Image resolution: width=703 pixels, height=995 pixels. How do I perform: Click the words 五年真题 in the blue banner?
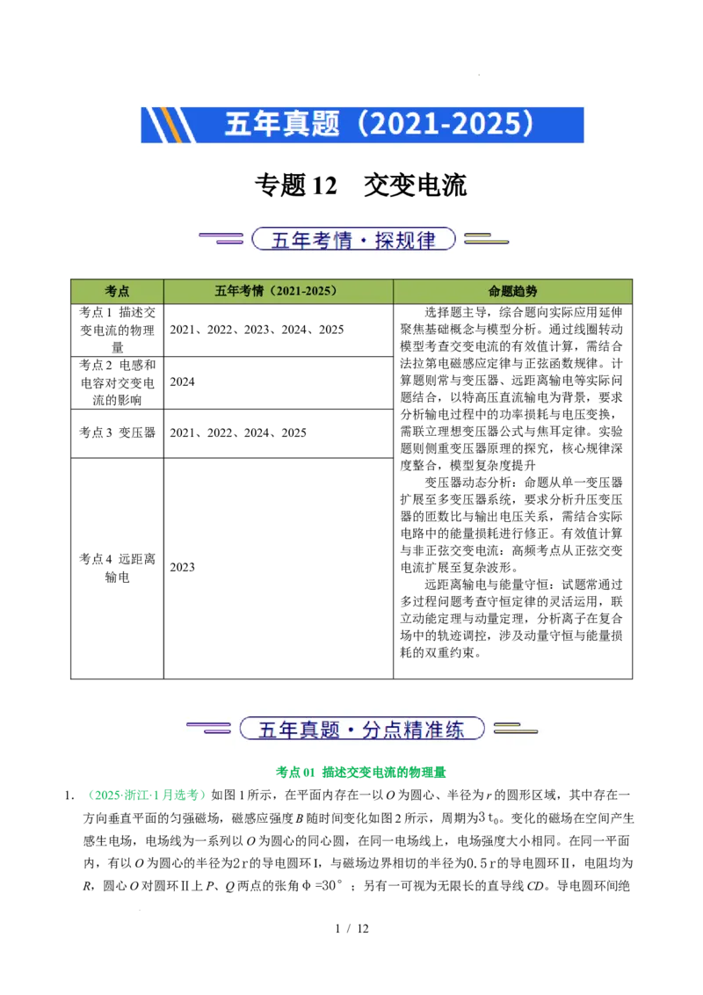(281, 125)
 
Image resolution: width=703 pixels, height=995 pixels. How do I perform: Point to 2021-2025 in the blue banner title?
(443, 125)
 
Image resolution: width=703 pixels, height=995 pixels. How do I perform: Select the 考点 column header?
(117, 291)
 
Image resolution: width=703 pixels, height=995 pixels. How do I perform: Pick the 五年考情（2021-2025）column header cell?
(278, 291)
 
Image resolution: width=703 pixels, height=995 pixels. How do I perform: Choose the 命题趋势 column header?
(512, 291)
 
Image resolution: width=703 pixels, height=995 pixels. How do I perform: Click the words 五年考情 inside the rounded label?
(305, 240)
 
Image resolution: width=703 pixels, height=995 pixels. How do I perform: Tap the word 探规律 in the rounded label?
(405, 240)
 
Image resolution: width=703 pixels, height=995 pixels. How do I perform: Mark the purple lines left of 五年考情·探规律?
(221, 238)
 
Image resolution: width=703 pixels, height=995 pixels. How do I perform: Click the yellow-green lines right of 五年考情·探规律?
(486, 238)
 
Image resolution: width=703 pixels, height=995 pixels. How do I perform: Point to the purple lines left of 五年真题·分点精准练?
(208, 728)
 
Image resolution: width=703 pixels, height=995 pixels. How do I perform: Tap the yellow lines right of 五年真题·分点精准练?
(515, 728)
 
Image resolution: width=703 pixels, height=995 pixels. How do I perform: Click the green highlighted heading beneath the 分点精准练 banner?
(361, 772)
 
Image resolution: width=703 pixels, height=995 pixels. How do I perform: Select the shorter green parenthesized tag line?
(148, 795)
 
